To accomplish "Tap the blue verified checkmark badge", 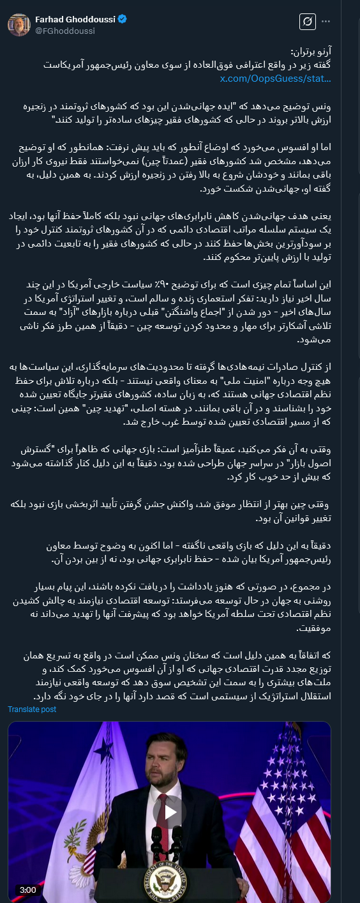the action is coord(123,19).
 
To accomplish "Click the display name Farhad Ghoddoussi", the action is coord(75,19).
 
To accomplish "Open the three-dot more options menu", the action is coord(327,22).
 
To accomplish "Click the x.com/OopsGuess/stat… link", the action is coord(275,78).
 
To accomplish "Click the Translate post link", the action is coord(32,709).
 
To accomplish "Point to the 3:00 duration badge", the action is coord(27,890).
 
